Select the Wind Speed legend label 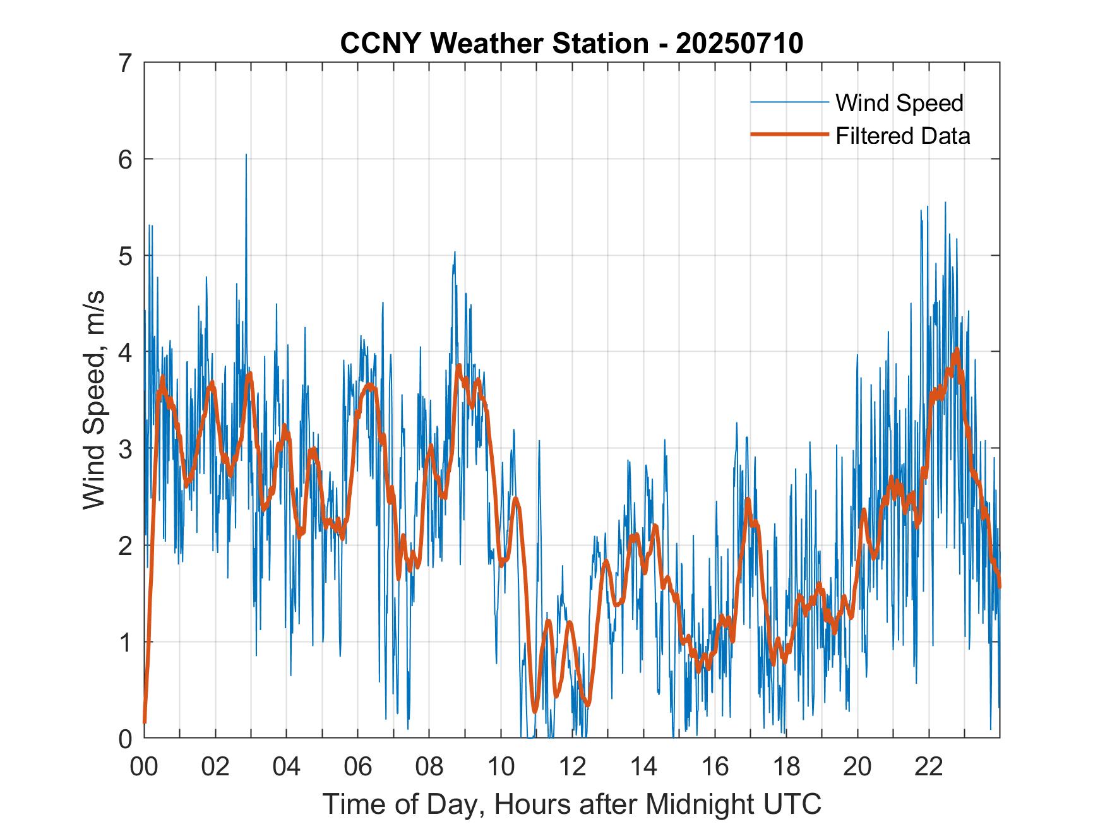tap(899, 103)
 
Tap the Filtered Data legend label tap(902, 136)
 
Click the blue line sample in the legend tap(789, 102)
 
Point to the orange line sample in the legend tap(789, 134)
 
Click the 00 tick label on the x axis tap(144, 766)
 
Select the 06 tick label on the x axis tap(358, 766)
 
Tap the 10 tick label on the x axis tap(501, 766)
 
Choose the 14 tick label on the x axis tap(643, 766)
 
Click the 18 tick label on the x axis tap(786, 766)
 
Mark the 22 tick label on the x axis tap(929, 766)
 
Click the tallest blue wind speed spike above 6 tap(246, 155)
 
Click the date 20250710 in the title tap(739, 44)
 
